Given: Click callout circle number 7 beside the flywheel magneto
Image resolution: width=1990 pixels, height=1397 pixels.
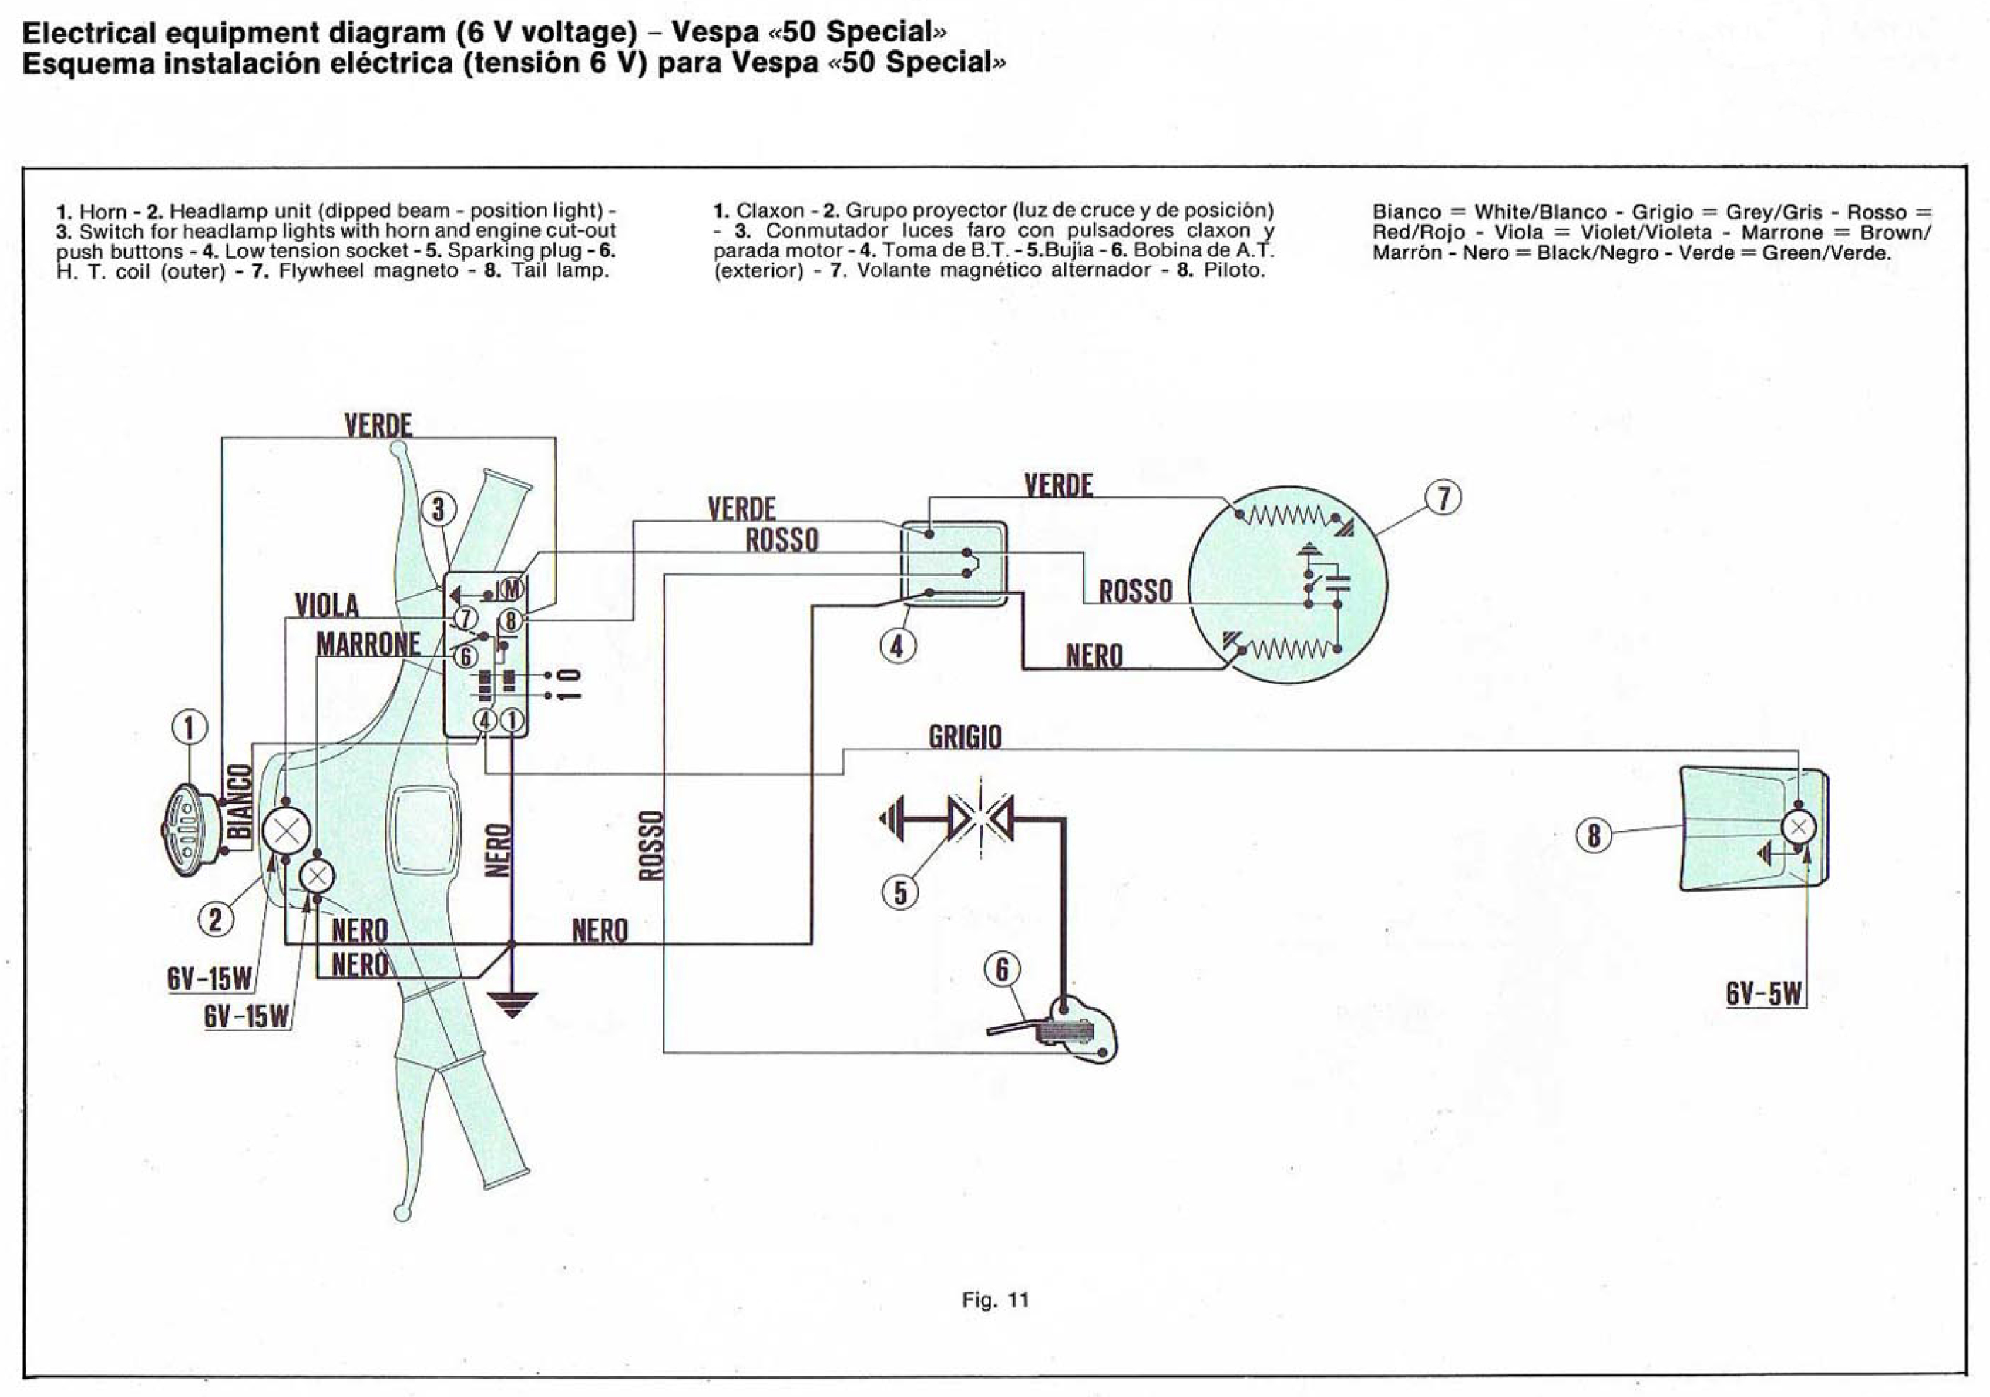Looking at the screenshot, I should [1443, 498].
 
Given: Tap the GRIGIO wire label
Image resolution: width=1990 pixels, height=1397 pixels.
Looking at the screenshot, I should [965, 737].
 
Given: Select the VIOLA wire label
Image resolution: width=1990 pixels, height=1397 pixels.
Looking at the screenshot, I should [327, 604].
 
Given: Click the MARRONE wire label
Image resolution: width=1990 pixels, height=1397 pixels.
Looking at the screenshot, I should [368, 645].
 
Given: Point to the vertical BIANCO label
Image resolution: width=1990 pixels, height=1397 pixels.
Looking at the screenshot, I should [239, 802].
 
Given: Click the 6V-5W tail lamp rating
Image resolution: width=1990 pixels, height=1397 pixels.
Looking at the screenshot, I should [1763, 993].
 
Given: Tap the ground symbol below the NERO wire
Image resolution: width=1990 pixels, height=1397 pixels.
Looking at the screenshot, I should [511, 1003].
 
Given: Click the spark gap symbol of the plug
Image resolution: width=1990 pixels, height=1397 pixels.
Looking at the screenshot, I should [980, 817].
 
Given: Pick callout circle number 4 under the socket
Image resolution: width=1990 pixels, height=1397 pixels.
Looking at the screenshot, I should [897, 645].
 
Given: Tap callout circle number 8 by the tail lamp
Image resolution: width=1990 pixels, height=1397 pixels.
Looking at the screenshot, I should [1593, 836].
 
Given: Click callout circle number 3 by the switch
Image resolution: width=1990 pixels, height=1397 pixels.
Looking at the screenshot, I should [438, 510].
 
